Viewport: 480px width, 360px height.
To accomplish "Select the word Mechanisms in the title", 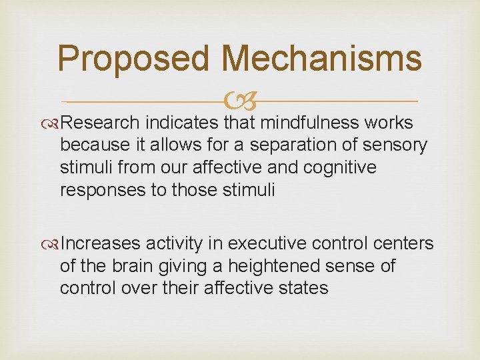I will [x=322, y=58].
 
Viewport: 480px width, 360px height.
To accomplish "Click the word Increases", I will [x=101, y=244].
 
